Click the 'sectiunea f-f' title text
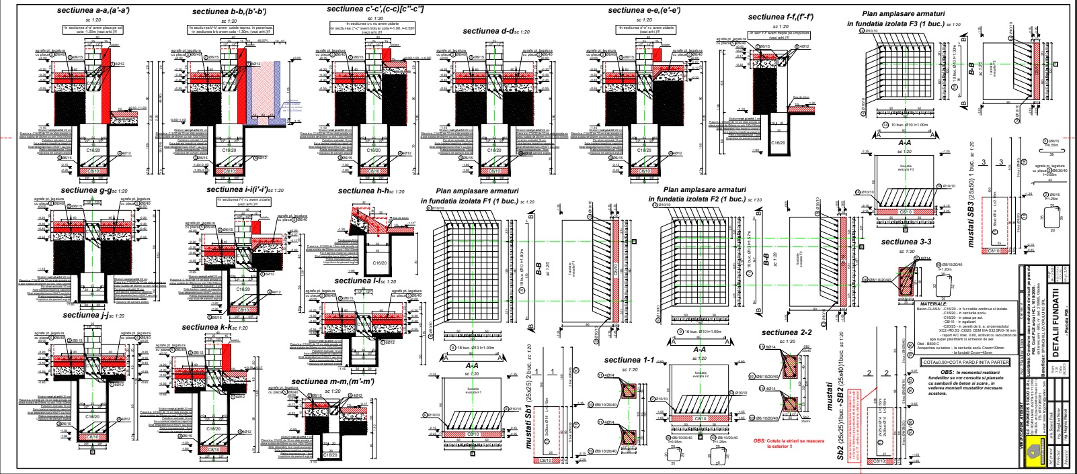click(781, 16)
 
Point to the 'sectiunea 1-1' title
click(629, 360)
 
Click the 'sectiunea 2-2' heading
click(787, 332)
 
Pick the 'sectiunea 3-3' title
click(906, 242)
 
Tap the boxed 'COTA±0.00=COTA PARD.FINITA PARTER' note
click(965, 363)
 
